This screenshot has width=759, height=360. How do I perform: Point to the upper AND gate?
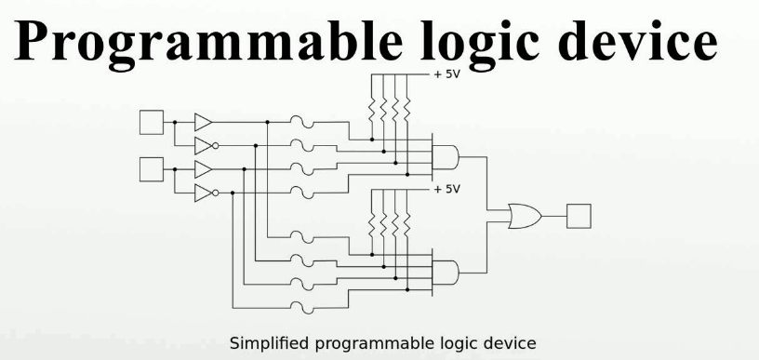pos(445,157)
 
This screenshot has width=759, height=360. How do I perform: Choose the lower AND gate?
pos(445,273)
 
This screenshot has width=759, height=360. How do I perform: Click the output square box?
pos(579,216)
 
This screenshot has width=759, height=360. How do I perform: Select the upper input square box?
pos(152,122)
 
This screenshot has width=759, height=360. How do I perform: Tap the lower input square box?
pos(152,169)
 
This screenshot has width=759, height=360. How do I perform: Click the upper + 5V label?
pos(446,75)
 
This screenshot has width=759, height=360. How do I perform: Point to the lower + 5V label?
pos(446,189)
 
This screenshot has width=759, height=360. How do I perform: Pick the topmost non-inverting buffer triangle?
pos(204,122)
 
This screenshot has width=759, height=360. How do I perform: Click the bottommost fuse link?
pos(302,307)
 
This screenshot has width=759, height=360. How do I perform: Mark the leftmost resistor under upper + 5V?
pos(372,111)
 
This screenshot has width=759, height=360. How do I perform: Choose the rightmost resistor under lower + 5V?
pos(407,224)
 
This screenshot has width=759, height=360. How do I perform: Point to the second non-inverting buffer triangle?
pos(204,169)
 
